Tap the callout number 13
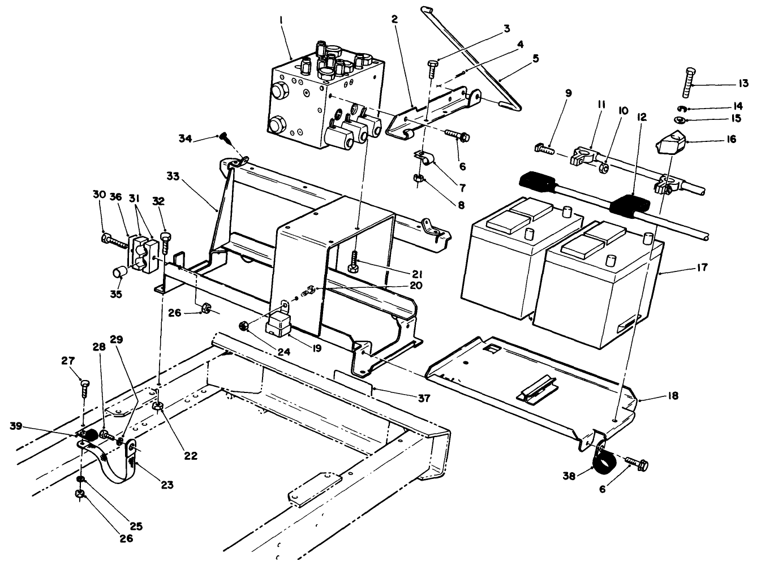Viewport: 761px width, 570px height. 743,84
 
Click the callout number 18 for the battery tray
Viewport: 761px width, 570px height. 673,396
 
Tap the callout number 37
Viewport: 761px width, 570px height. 424,398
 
